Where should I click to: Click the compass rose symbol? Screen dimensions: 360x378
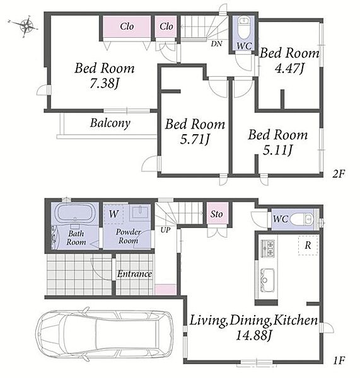(x=26, y=26)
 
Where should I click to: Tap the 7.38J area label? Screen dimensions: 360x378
(x=105, y=84)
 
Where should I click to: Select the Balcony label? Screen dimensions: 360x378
(x=110, y=123)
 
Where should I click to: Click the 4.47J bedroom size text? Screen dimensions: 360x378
(x=289, y=68)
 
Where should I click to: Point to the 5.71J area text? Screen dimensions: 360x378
(x=194, y=139)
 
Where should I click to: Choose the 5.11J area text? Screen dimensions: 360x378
(x=277, y=150)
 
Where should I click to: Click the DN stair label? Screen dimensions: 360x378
(x=216, y=43)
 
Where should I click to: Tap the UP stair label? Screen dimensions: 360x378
(x=166, y=230)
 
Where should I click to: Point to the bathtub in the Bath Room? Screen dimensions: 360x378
(x=75, y=214)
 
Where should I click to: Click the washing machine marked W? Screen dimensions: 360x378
(x=113, y=214)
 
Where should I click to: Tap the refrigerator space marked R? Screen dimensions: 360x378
(x=308, y=245)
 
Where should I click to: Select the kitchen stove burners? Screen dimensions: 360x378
(x=268, y=249)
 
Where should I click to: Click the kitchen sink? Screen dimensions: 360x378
(x=267, y=279)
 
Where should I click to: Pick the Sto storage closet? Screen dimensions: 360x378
(x=217, y=214)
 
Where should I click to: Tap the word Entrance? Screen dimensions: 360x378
(x=134, y=274)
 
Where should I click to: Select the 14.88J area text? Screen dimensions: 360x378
(x=253, y=335)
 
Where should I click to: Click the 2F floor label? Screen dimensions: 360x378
(x=339, y=174)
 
